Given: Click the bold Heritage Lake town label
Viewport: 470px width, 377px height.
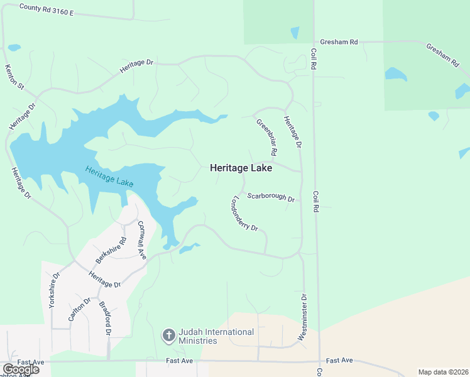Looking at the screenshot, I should point(241,168).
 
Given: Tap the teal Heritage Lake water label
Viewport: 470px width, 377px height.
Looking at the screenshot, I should point(109,175).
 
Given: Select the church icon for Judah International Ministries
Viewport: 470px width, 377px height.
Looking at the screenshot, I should point(168,336).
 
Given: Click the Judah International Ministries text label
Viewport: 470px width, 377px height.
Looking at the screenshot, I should point(216,336).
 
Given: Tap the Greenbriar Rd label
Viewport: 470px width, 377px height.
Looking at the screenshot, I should point(266,136).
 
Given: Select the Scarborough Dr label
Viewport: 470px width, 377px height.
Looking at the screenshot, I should point(271,197).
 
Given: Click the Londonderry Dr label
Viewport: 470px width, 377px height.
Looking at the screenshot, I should point(245,214).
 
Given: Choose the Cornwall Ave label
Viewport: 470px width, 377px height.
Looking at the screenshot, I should point(141,239).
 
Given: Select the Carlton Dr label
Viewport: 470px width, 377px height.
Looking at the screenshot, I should point(75,309).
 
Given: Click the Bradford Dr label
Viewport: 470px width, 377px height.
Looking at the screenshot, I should point(104,319).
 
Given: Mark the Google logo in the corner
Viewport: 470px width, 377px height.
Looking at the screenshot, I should point(21,369).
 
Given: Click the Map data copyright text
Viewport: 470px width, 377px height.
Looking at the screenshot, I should point(443,372).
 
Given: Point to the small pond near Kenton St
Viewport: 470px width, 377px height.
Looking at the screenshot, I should point(14,47).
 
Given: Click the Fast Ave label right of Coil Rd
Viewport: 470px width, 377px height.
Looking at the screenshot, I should point(339,361).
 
